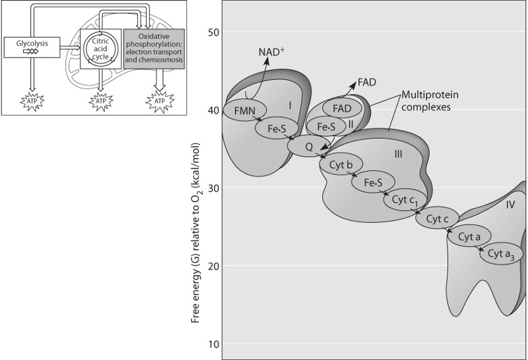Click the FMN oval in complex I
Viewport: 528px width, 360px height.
245,109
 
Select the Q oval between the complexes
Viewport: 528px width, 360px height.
309,147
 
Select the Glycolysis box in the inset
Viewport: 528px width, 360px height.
30,46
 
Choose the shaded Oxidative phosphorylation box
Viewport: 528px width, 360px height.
154,48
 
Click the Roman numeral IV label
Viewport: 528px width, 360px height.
511,205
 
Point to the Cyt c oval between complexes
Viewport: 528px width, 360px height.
437,219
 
